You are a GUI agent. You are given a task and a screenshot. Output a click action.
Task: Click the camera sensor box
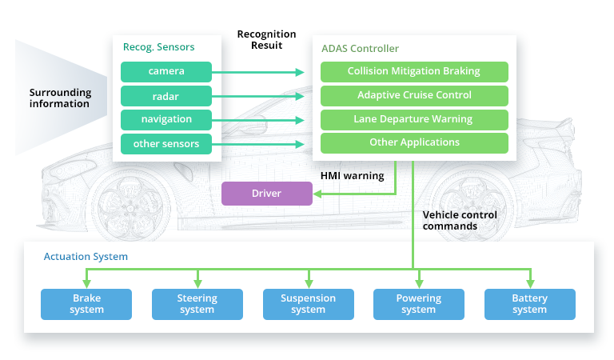click(166, 71)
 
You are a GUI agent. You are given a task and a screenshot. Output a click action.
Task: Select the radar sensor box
click(166, 95)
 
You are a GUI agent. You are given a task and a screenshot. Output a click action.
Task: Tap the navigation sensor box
click(166, 119)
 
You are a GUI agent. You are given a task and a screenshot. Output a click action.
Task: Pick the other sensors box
click(166, 143)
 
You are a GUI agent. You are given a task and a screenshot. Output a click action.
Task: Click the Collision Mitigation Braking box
click(413, 71)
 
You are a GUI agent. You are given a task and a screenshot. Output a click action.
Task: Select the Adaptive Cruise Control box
click(413, 95)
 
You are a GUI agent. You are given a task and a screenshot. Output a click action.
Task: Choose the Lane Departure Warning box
click(413, 119)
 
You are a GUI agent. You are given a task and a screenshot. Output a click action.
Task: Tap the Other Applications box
click(413, 142)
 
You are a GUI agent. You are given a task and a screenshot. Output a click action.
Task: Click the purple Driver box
click(266, 194)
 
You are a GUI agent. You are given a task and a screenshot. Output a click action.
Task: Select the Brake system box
click(86, 304)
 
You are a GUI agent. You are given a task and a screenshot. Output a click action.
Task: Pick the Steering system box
click(197, 304)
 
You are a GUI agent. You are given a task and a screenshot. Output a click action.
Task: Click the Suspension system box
click(308, 304)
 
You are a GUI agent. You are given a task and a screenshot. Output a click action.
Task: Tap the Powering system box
click(418, 304)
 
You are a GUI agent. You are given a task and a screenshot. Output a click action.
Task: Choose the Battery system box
click(529, 304)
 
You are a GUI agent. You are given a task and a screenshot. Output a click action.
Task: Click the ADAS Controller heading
click(360, 49)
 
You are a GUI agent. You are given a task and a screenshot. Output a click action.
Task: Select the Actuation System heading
click(86, 258)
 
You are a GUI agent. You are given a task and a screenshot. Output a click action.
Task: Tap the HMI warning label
click(353, 176)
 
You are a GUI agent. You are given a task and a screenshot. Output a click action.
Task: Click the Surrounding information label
click(60, 98)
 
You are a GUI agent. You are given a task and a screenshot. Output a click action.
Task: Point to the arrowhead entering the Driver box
click(318, 194)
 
